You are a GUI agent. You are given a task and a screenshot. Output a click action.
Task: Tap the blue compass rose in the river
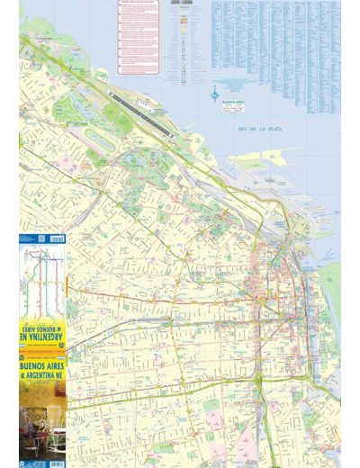[x=216, y=94]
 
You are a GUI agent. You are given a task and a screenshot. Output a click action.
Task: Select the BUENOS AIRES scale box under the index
[x=235, y=104]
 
